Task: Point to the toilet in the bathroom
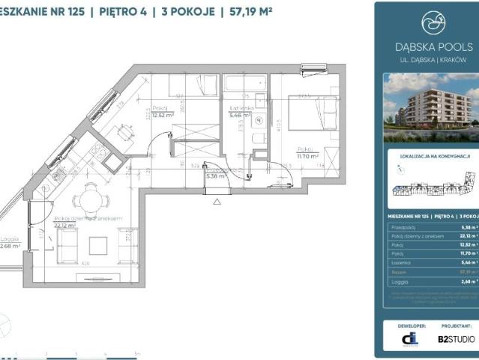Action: [255, 139]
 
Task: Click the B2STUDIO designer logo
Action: [456, 339]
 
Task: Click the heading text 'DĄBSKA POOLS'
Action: [430, 46]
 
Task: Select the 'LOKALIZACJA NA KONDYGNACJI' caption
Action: [430, 157]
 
